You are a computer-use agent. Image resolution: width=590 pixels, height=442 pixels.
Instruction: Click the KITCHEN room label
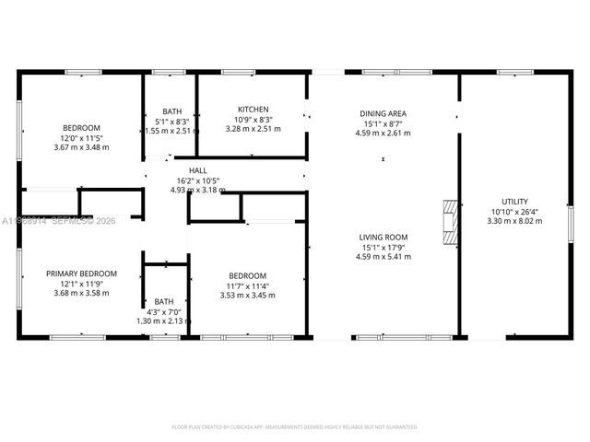(x=253, y=109)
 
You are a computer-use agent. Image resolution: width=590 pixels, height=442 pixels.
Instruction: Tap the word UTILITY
(x=514, y=201)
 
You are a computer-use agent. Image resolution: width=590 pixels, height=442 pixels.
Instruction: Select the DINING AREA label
(x=383, y=113)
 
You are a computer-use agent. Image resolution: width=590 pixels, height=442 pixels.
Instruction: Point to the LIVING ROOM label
(x=383, y=238)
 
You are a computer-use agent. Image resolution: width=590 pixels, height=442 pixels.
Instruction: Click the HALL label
(x=198, y=170)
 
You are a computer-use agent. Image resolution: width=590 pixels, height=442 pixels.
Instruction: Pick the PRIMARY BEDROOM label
(x=82, y=273)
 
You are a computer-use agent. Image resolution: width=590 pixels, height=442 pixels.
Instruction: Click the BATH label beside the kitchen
(x=172, y=111)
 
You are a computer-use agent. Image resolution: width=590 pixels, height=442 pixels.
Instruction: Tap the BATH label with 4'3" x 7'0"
(x=164, y=301)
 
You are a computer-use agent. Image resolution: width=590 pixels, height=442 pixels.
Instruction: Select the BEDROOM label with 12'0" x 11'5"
(x=81, y=128)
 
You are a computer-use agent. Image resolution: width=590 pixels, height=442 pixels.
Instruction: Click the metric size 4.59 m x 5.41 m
(x=383, y=257)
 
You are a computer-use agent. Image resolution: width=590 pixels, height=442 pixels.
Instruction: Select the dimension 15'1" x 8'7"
(x=383, y=123)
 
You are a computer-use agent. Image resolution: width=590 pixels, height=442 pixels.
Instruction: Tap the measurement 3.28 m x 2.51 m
(x=253, y=129)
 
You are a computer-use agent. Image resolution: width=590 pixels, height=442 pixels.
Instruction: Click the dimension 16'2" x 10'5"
(x=198, y=180)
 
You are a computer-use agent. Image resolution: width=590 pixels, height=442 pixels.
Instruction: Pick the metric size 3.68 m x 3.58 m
(x=82, y=293)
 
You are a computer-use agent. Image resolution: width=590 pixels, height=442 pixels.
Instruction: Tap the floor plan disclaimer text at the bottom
(x=295, y=427)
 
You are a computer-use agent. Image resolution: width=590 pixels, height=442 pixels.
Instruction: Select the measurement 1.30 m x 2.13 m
(x=164, y=320)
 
